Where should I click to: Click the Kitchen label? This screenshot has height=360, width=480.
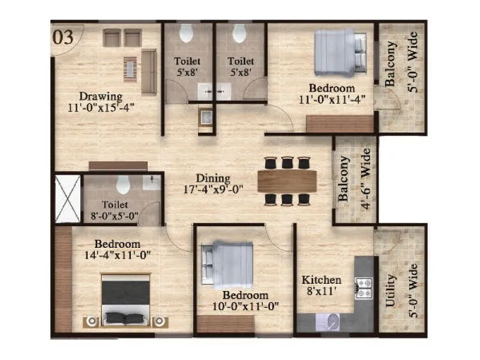pos(321,280)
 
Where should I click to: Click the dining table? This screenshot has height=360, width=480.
pos(287,181)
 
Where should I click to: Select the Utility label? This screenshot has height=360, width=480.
pos(391,291)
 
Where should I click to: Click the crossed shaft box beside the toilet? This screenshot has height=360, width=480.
pos(67,199)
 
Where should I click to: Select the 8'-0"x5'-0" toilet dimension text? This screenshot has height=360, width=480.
pos(115,215)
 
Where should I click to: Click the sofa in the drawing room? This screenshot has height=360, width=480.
pos(149,73)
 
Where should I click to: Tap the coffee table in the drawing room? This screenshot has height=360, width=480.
pos(130,68)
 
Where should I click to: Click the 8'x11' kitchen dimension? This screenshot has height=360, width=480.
pos(322,292)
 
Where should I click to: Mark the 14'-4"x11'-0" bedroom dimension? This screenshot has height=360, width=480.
pos(118,254)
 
